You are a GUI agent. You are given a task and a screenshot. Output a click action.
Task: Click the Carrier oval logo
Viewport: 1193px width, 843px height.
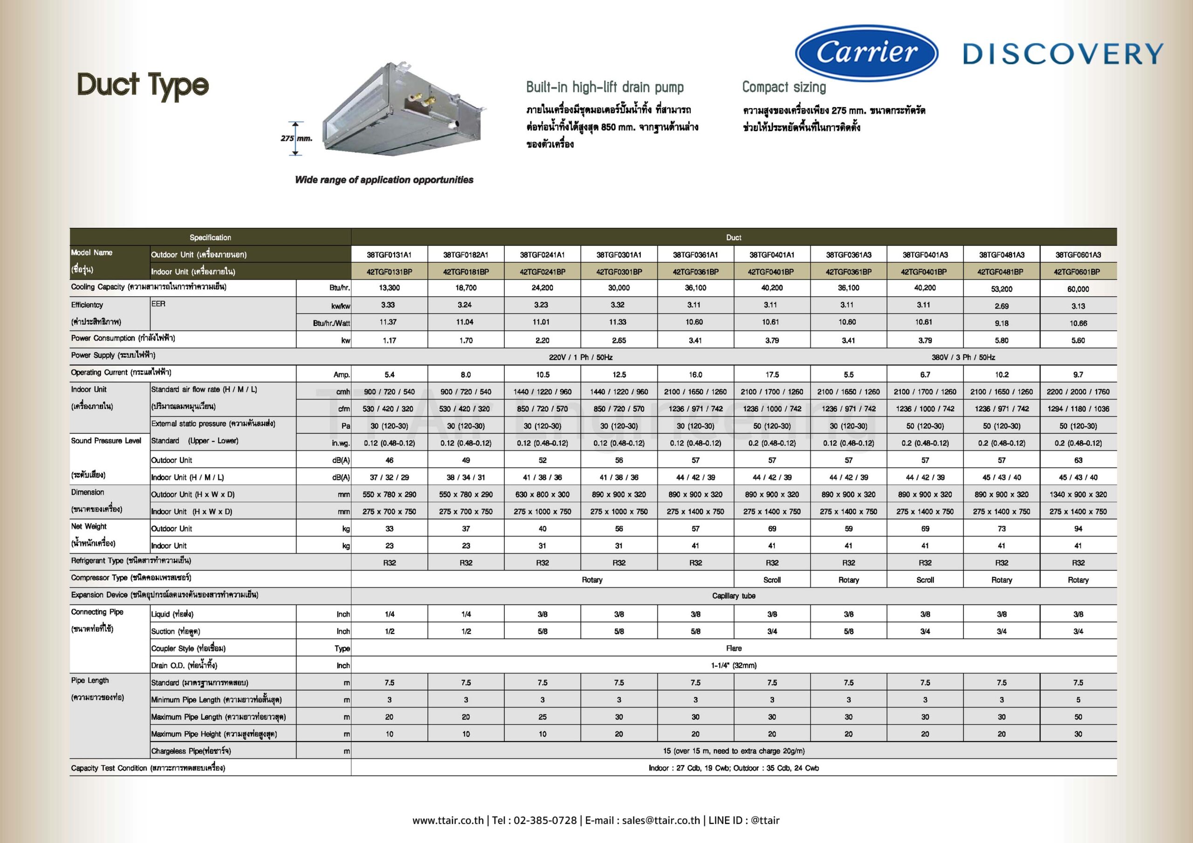coord(866,53)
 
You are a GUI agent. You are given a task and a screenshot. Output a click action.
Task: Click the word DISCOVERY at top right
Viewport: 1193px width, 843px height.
coord(1063,54)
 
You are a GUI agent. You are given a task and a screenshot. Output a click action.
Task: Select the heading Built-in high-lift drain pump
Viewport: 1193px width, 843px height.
coord(605,87)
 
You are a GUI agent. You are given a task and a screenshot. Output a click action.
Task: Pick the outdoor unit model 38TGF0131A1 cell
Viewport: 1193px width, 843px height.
coord(389,254)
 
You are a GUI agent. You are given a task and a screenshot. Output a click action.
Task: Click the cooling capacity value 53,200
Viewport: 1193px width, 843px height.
coord(1001,289)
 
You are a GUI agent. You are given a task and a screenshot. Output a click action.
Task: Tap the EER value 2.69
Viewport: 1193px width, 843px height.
coord(1001,306)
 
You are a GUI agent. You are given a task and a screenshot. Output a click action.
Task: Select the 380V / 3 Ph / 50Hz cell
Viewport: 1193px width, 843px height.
coord(963,357)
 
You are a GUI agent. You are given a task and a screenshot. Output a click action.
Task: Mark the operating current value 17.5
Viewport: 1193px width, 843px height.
coord(772,374)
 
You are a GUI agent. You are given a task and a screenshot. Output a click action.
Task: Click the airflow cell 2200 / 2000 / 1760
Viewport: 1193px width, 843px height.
coord(1078,392)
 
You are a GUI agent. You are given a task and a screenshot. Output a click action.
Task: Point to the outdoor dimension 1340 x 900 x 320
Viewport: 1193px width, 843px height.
coord(1078,495)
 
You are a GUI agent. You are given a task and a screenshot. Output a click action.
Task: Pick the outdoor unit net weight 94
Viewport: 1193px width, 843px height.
coord(1078,529)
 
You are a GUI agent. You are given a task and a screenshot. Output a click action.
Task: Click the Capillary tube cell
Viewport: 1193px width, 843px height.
coord(733,596)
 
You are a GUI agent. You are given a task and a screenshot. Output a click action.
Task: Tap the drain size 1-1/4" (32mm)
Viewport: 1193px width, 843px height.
coord(733,666)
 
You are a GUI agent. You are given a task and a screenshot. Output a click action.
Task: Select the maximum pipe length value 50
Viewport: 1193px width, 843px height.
coord(1078,717)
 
